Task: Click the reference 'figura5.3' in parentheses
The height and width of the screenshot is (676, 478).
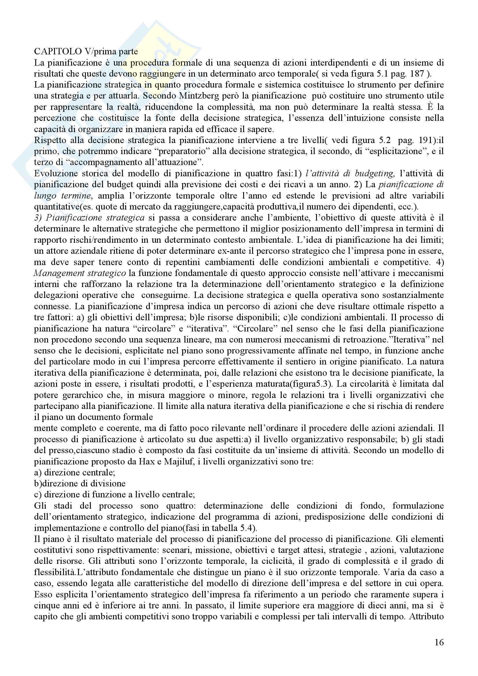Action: coord(313,384)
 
